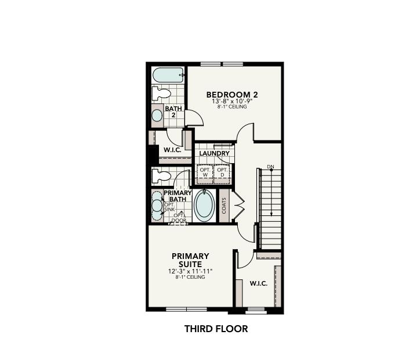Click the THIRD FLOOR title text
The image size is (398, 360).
pyautogui.click(x=216, y=329)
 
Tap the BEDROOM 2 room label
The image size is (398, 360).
pyautogui.click(x=232, y=94)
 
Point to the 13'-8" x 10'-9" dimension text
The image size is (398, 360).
pyautogui.click(x=232, y=101)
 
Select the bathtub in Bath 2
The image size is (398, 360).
pyautogui.click(x=168, y=75)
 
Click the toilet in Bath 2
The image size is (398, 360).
pyautogui.click(x=162, y=93)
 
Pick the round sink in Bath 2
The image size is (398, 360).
pyautogui.click(x=157, y=115)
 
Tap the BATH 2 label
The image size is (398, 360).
pyautogui.click(x=173, y=111)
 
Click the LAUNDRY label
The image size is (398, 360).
pyautogui.click(x=214, y=153)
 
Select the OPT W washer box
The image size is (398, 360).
pyautogui.click(x=205, y=173)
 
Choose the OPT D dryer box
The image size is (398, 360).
pyautogui.click(x=222, y=173)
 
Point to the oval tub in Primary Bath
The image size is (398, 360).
pyautogui.click(x=204, y=206)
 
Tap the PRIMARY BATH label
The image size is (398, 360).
pyautogui.click(x=178, y=196)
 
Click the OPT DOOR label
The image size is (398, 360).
pyautogui.click(x=179, y=218)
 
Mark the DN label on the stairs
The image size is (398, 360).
pyautogui.click(x=270, y=167)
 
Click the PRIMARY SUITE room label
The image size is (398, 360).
pyautogui.click(x=190, y=260)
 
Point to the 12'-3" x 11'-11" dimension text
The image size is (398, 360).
pyautogui.click(x=190, y=271)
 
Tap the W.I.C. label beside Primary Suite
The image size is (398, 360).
pyautogui.click(x=258, y=283)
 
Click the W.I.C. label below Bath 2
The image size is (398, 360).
pyautogui.click(x=172, y=150)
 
